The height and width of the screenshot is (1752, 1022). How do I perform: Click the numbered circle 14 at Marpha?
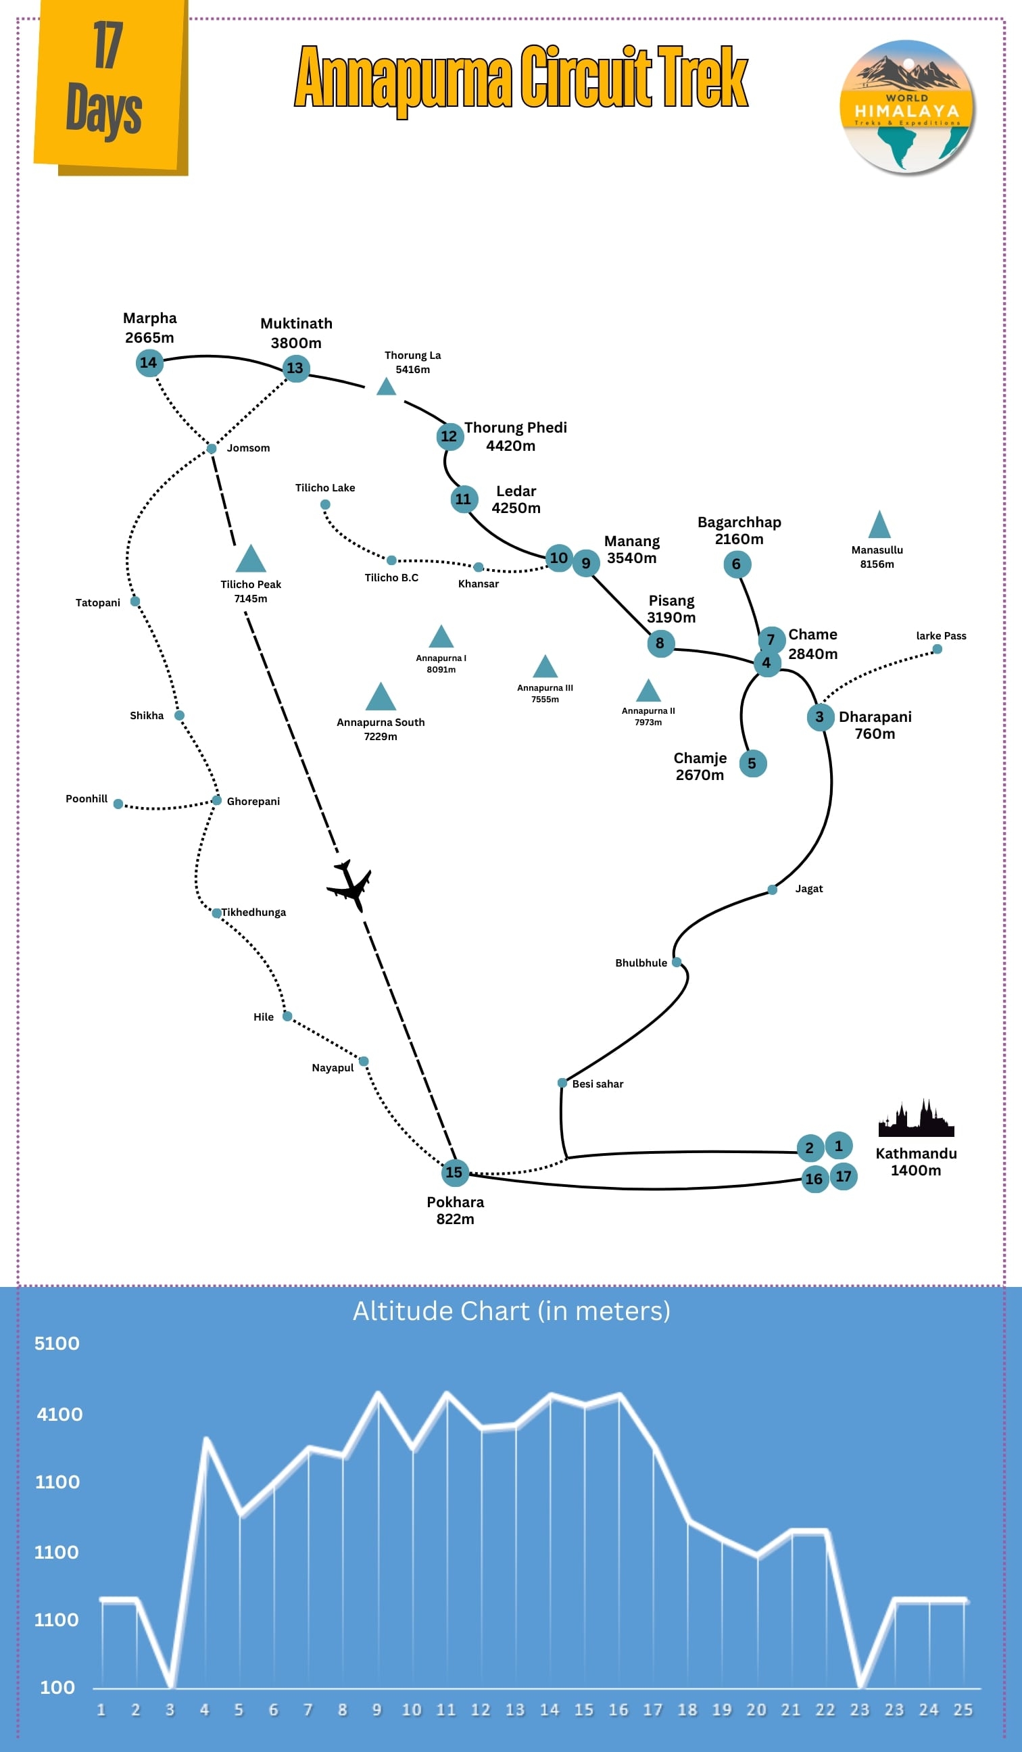pos(149,362)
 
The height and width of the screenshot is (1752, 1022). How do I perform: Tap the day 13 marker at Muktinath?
pos(295,368)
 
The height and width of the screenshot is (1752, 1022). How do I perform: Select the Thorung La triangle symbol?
pos(386,387)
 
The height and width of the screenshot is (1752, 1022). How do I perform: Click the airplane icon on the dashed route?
pos(350,885)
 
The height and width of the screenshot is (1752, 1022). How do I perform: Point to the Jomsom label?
pos(248,447)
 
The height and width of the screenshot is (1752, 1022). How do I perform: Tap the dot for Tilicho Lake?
pos(324,504)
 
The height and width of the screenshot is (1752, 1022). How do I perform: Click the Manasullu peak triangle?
pos(879,526)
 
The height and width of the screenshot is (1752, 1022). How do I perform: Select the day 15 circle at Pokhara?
pos(454,1172)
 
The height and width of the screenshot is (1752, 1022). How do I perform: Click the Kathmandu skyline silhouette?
pos(916,1119)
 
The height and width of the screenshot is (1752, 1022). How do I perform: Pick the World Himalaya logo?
pos(906,106)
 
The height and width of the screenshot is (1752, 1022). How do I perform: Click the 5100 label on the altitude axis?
pos(57,1343)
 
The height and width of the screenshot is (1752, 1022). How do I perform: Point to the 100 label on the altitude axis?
pos(57,1687)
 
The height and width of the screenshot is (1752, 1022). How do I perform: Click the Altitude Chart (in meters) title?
pos(511,1311)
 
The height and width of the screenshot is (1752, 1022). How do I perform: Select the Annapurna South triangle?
pos(381,698)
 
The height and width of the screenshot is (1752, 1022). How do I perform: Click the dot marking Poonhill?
pos(118,804)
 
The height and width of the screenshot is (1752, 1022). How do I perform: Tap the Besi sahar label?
pos(598,1084)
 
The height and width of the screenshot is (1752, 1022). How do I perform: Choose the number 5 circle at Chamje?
pos(752,763)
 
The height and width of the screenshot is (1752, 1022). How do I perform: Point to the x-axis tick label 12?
pos(481,1709)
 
